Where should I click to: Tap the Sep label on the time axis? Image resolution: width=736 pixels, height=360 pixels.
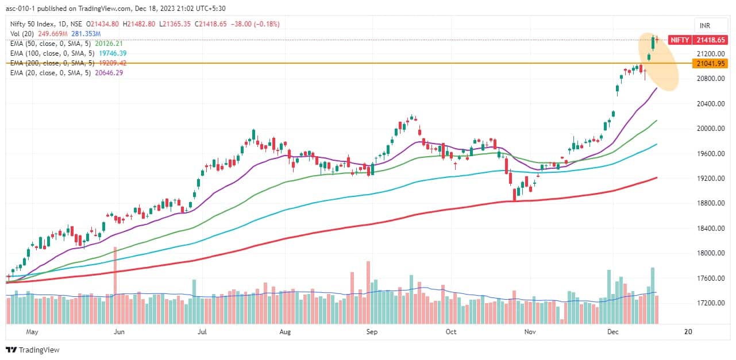(x=371, y=332)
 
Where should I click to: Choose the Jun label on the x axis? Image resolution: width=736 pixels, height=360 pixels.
(x=119, y=332)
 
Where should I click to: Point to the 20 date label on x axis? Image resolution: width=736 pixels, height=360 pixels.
(x=687, y=332)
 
